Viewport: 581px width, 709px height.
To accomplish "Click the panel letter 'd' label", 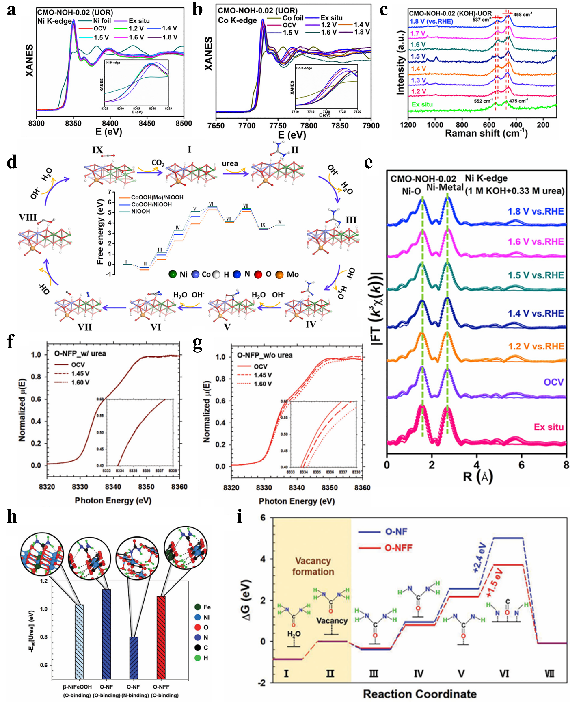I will tap(12, 163).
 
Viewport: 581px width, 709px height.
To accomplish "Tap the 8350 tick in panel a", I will tap(73, 124).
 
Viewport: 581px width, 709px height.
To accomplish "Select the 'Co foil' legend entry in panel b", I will tap(293, 18).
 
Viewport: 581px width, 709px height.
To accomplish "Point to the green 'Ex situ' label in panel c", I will tap(422, 104).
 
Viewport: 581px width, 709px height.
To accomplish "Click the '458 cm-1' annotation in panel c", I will tap(523, 15).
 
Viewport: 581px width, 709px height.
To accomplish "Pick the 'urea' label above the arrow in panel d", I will tap(230, 163).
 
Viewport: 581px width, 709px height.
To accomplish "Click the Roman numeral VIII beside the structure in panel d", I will tap(28, 217).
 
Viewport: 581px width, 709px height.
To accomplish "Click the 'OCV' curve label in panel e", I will tap(554, 382).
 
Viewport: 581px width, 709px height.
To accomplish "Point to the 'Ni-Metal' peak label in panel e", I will tap(445, 187).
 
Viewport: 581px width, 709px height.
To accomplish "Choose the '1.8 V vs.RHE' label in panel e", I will tap(536, 211).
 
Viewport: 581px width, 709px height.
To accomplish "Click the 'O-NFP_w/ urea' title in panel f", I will tap(80, 353).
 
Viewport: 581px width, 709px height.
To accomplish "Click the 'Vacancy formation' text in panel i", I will tap(313, 566).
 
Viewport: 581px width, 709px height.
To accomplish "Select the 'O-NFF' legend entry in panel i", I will tap(398, 548).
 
